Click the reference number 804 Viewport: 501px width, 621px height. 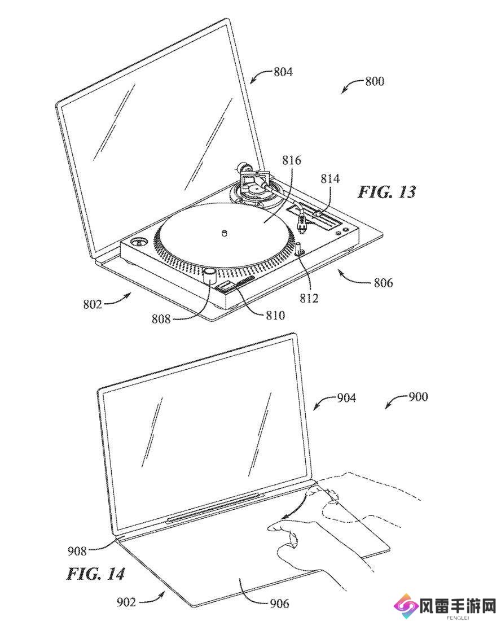[x=283, y=72]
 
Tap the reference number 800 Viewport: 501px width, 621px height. [x=375, y=81]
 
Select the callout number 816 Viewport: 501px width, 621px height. [x=291, y=160]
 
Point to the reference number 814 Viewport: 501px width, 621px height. [x=330, y=178]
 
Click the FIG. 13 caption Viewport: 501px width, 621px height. [x=386, y=192]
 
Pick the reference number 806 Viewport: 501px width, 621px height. [x=383, y=282]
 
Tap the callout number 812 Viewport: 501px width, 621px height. [x=309, y=298]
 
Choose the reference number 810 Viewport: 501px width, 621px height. [x=275, y=315]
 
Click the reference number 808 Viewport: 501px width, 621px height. [x=161, y=318]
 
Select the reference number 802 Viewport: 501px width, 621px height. [x=92, y=304]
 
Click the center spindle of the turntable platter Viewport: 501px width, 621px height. [x=225, y=233]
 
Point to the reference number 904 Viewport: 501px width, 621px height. [x=346, y=397]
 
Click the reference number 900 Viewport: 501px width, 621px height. [x=418, y=396]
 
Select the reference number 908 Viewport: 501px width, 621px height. [x=77, y=550]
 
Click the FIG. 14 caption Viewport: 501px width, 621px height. [x=95, y=574]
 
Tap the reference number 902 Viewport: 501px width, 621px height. [x=126, y=602]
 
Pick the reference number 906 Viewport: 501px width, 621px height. [x=279, y=603]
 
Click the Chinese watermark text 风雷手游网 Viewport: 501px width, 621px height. [x=460, y=605]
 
